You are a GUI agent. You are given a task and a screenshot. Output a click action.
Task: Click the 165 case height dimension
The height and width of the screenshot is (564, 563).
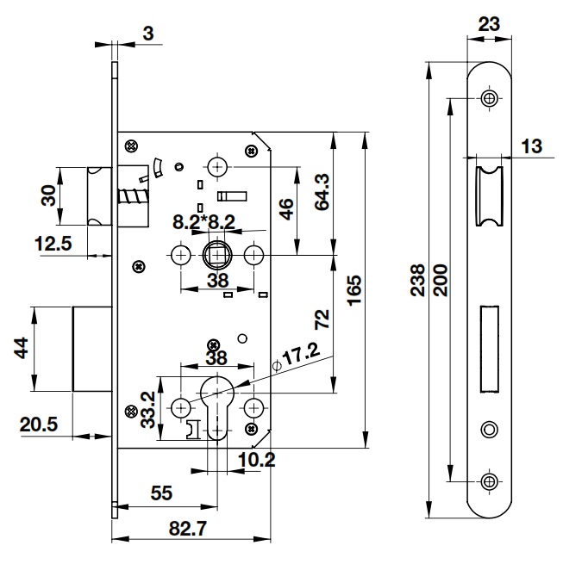353,289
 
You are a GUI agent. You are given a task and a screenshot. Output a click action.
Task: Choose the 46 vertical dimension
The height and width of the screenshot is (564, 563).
287,208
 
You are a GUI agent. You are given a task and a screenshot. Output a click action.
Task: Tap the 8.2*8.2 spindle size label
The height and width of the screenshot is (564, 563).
204,221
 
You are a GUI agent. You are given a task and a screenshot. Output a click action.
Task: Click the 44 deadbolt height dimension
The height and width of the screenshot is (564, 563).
21,350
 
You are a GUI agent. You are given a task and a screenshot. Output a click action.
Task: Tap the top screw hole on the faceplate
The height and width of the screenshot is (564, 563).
489,99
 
